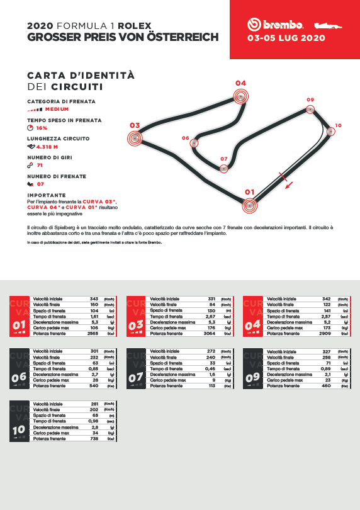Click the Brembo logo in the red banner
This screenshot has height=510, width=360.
coord(275,25)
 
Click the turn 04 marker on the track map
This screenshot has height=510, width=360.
coord(241,96)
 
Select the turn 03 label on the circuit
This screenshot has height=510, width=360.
coord(134,125)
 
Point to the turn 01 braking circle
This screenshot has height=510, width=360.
coord(250,205)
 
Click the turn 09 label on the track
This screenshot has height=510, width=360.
coord(310,100)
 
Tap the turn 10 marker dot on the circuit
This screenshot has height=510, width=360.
coord(331,132)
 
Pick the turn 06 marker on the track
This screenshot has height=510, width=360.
coord(194,143)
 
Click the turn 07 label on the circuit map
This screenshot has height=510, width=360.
coord(223,159)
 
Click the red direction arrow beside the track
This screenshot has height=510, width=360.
coord(288,183)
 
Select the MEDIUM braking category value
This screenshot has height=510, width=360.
coord(57,109)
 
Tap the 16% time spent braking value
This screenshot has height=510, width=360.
coord(42,128)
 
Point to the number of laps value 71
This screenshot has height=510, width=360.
coord(40,165)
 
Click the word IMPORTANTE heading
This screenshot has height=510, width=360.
coord(47,195)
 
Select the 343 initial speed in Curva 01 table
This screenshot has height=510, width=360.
coord(94,298)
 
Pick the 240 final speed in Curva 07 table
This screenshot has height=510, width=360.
coord(211,357)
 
